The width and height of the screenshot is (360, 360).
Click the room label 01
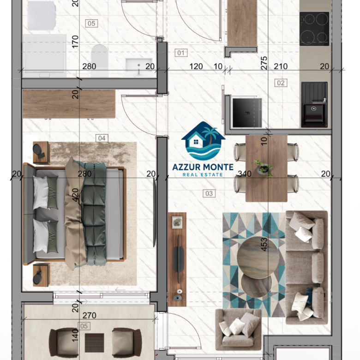tap(181, 53)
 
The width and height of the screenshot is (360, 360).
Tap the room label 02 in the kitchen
tap(281, 83)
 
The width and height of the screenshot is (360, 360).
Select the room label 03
tap(209, 193)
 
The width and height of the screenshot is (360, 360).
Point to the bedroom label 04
tap(102, 138)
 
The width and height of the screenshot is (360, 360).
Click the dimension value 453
tap(264, 244)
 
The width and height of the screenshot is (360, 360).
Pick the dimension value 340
tap(245, 174)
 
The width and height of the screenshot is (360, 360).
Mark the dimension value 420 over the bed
tap(75, 195)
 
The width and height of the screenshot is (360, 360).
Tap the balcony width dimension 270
tap(90, 315)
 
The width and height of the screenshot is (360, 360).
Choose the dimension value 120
tap(196, 66)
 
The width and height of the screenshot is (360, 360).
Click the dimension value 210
tap(281, 66)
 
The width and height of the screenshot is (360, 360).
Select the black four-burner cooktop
tap(314, 29)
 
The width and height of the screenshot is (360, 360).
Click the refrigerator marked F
tap(247, 113)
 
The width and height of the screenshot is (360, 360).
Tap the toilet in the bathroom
tap(99, 60)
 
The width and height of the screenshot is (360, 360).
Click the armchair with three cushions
tap(238, 329)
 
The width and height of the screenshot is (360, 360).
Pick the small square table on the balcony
tap(94, 343)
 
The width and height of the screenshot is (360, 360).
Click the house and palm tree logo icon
tap(203, 141)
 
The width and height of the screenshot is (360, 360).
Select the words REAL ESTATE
tap(203, 175)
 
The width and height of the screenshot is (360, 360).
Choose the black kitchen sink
tap(314, 104)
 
